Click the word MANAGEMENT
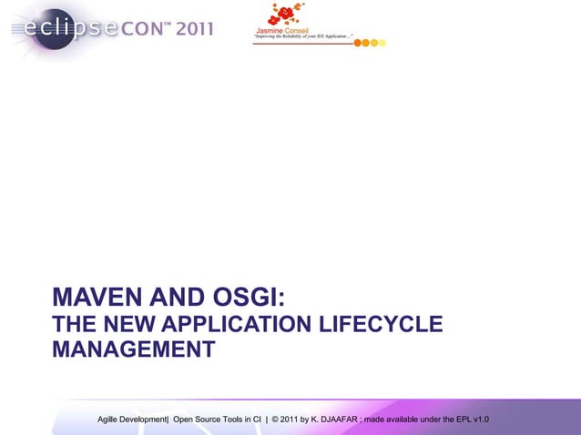[134, 349]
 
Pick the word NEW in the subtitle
[131, 323]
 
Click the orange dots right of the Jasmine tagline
[370, 43]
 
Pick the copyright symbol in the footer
[275, 419]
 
